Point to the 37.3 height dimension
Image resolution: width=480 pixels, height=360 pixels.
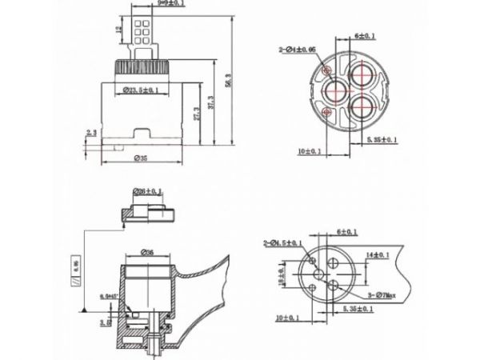pos(211,103)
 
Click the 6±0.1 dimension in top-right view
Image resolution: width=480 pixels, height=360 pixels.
pos(365,37)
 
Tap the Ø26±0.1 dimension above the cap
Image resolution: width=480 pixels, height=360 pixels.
pos(149,191)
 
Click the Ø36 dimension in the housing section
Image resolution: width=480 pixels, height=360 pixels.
pos(148,253)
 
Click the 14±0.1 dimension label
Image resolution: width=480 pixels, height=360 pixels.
pos(376,254)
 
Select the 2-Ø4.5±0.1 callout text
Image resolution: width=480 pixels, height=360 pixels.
pos(286,242)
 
